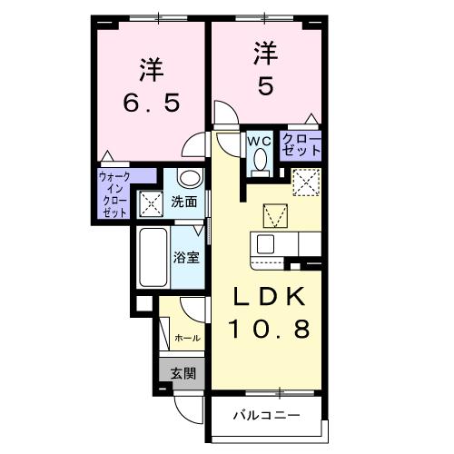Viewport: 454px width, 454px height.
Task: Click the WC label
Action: click(x=259, y=141)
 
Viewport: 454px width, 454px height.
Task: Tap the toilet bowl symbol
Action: click(x=259, y=162)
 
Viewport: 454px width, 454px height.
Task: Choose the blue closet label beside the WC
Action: click(x=301, y=145)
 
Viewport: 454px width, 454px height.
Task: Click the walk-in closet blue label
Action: click(x=114, y=192)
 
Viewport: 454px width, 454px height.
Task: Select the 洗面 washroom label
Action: click(x=184, y=202)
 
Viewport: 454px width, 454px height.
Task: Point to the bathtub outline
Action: click(x=152, y=257)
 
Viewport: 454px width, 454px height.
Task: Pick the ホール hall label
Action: click(x=187, y=338)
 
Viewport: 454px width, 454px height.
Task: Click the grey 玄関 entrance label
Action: click(x=183, y=371)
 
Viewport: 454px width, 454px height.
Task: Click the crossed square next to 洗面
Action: click(x=149, y=203)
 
